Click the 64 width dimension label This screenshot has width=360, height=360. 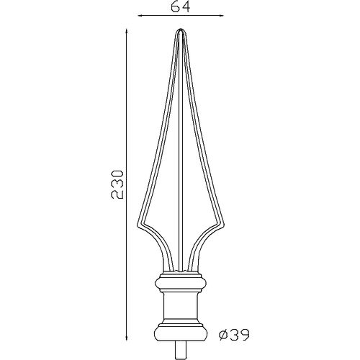pyautogui.click(x=181, y=6)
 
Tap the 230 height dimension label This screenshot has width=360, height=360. pyautogui.click(x=117, y=184)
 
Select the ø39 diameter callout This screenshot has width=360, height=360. pyautogui.click(x=234, y=335)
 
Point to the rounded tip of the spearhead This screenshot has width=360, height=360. pyautogui.click(x=181, y=30)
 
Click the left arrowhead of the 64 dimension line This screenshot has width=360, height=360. pyautogui.click(x=140, y=16)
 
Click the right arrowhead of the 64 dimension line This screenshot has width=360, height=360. pyautogui.click(x=221, y=16)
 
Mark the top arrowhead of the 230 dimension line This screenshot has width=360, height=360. pyautogui.click(x=127, y=32)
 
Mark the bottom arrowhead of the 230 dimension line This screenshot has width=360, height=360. pyautogui.click(x=127, y=338)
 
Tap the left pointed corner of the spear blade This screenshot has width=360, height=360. pyautogui.click(x=138, y=225)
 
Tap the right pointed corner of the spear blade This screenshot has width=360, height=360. pyautogui.click(x=224, y=225)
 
